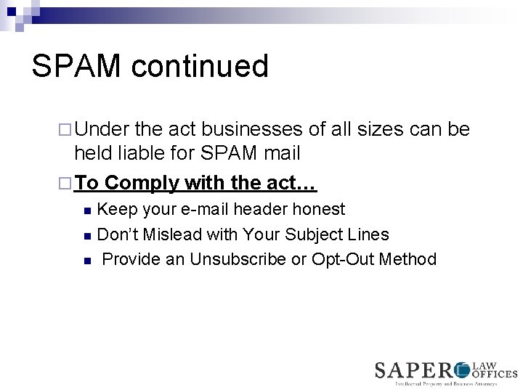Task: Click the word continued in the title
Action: tap(200, 66)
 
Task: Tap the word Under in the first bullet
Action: tap(102, 130)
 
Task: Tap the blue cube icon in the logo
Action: tap(463, 370)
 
